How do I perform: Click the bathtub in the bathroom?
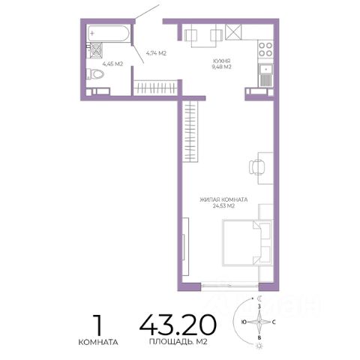coord(108,33)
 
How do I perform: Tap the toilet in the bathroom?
coord(95,74)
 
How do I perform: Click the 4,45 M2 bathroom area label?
coord(112,64)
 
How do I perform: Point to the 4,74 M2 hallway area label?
coord(156,53)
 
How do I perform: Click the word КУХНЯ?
coord(221,61)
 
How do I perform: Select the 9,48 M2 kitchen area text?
coord(221,67)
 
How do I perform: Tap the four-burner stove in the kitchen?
coord(265,49)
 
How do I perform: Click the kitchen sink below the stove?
coord(265,75)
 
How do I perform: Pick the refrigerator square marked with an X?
coord(234,32)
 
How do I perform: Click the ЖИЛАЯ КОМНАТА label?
coord(223,199)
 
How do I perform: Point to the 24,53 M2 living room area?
coord(223,206)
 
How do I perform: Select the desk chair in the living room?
coord(256,167)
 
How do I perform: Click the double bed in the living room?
coord(247,242)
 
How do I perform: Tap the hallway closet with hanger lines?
coord(155,88)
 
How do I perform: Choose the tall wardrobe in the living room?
coord(190,131)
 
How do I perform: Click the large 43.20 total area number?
coord(178,325)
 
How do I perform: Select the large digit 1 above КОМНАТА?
coord(98,325)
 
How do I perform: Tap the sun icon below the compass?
coord(259,346)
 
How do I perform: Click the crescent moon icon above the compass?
coord(260,298)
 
